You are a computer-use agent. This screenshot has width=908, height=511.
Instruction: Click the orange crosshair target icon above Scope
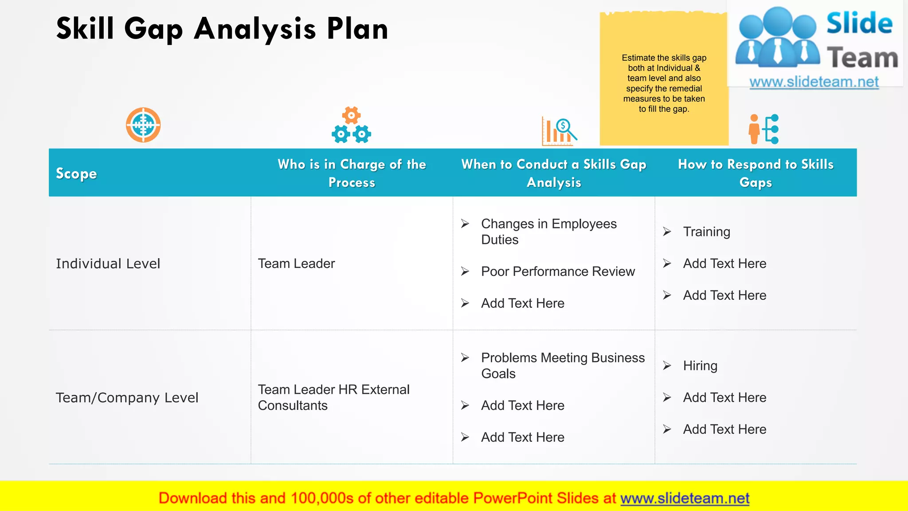coord(143,125)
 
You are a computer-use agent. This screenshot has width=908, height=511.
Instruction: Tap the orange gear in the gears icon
coord(351,115)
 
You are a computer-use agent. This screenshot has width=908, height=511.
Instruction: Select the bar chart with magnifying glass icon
coord(559,132)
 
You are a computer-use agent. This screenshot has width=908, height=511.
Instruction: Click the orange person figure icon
coord(754,129)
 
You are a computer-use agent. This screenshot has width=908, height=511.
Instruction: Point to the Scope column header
coord(76,173)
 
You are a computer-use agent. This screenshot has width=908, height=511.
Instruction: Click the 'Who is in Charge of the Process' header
coord(352,173)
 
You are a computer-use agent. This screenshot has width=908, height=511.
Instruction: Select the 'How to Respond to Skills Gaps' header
coord(755,173)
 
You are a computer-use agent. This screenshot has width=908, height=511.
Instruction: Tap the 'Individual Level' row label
coord(108,263)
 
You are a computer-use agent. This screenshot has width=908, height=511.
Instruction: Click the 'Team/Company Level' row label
coord(127,397)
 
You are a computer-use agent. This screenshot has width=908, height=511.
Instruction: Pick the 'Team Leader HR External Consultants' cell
coord(333,397)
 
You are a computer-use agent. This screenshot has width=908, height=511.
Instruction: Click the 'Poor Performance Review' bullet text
coord(558,271)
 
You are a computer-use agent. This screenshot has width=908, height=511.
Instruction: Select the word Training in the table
coord(706,232)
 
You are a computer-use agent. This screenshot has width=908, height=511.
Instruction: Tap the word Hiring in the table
coord(700,366)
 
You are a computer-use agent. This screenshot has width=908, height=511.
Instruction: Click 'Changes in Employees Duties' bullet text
coord(548,232)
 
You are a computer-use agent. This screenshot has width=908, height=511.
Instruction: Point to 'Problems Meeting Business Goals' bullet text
coord(563,366)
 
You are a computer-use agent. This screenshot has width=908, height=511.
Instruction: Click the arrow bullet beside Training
coord(667,232)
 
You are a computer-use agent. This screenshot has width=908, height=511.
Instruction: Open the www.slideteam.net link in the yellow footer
coord(685,498)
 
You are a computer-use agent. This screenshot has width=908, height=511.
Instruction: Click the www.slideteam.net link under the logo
coord(814,82)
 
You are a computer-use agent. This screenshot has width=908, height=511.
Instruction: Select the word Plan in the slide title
coord(357,29)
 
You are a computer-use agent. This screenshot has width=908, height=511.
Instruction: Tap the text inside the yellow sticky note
coord(664,83)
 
